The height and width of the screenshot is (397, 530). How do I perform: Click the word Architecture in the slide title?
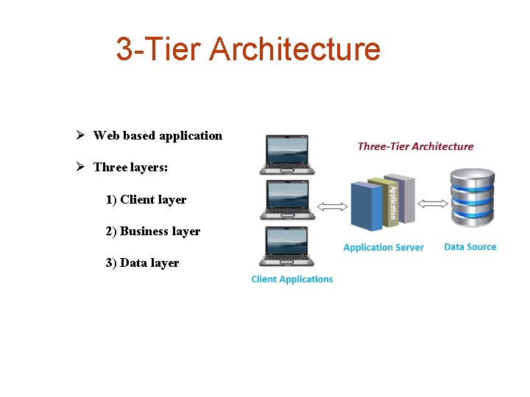tap(294, 49)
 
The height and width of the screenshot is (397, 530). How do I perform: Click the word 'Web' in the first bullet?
tap(106, 135)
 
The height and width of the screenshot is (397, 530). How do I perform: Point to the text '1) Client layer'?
tap(146, 199)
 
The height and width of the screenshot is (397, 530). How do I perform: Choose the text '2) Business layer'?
tap(152, 231)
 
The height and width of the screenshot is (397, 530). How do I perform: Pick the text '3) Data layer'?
tap(142, 262)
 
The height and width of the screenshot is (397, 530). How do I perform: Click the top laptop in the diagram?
tap(287, 154)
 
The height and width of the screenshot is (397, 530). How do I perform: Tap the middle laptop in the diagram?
tap(287, 199)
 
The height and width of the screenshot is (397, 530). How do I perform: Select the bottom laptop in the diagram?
tap(287, 246)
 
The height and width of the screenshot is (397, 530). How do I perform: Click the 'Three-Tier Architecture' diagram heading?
tap(415, 146)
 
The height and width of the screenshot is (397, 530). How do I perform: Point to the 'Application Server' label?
tap(384, 247)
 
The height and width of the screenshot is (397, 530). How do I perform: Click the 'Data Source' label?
tap(470, 246)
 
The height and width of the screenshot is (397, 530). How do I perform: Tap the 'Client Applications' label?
tap(292, 279)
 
